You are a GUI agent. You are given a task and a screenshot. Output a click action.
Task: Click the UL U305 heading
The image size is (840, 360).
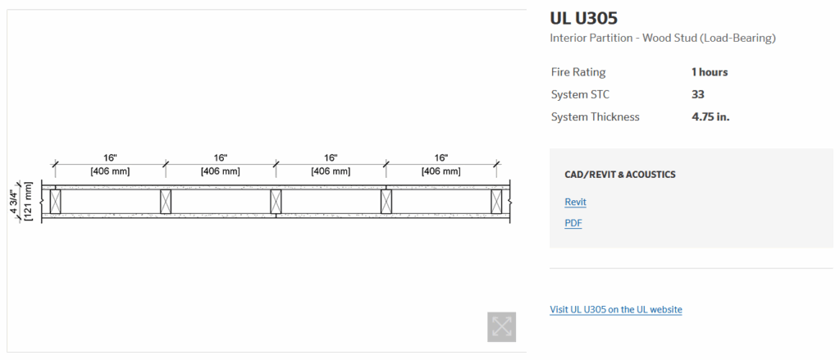coord(583,17)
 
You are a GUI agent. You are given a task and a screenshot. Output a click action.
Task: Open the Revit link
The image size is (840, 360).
coord(575,202)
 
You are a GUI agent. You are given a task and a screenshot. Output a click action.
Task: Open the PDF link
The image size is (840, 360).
coord(573,223)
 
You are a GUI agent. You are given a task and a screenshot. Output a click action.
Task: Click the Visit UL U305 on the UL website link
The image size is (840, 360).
coord(615,309)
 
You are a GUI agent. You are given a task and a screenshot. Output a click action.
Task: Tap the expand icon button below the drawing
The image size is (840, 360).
coord(501,326)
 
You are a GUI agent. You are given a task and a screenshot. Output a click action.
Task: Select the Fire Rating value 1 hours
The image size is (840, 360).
coord(710,72)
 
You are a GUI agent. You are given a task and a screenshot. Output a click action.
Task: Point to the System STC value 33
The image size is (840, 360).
coord(698,94)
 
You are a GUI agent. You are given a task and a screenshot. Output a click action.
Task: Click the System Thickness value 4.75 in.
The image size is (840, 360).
coord(710,116)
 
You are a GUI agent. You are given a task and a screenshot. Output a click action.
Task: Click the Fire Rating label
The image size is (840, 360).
coord(578,72)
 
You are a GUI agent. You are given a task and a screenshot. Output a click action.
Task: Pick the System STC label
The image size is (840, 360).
coord(580,94)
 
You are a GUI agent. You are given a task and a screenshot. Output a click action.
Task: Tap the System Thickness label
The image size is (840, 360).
coord(595,116)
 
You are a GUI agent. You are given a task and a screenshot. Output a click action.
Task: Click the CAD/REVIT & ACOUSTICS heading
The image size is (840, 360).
coord(619,175)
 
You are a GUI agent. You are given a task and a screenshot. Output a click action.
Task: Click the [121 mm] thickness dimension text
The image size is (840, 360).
coord(29,202)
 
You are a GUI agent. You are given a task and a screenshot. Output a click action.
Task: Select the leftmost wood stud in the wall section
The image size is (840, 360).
coord(55,202)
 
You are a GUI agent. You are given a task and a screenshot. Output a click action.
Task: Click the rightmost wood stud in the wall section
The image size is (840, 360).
coord(496,202)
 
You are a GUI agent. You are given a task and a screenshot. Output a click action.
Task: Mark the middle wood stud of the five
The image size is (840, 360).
coord(276,202)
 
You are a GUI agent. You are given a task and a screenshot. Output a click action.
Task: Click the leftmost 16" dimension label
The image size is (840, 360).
coord(110,157)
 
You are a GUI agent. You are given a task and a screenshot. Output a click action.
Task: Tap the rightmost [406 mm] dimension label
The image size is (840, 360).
coord(441,171)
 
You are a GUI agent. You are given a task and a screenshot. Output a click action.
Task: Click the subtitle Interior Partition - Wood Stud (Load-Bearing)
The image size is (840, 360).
coord(662,38)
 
